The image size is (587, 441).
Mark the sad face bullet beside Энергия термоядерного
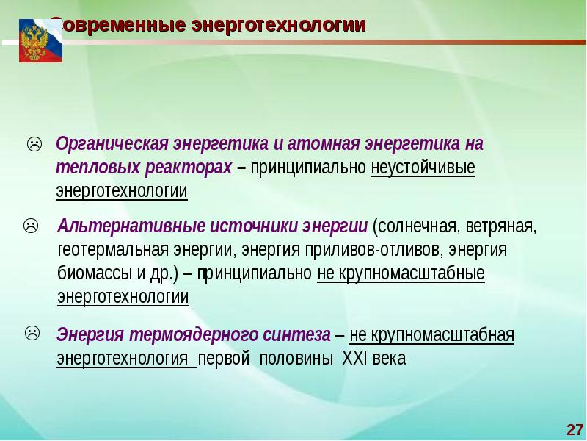(32, 333)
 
